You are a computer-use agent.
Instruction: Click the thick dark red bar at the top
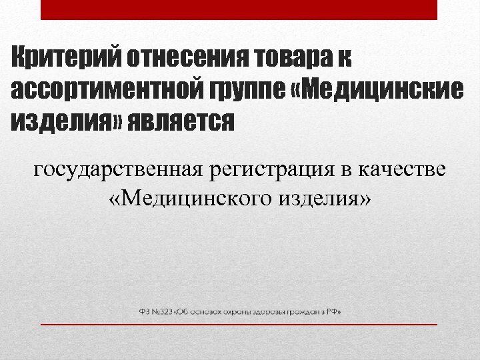coord(239,9)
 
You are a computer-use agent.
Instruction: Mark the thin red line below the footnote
coord(239,324)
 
